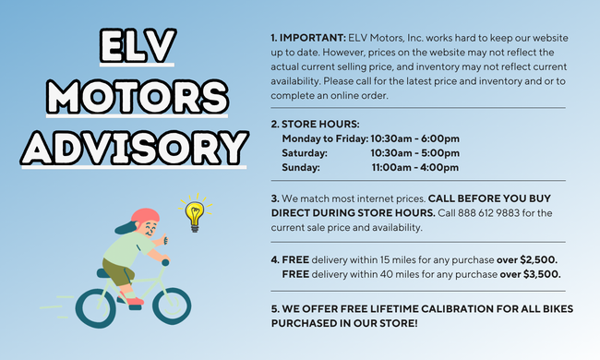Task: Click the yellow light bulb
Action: pyautogui.click(x=195, y=213)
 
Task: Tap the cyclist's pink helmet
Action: pyautogui.click(x=143, y=218)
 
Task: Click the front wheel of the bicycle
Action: pyautogui.click(x=172, y=306)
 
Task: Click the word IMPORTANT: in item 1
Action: pyautogui.click(x=312, y=37)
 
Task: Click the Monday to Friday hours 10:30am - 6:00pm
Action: pyautogui.click(x=414, y=138)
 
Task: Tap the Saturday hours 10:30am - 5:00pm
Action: pyautogui.click(x=414, y=152)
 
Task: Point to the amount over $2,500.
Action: pyautogui.click(x=528, y=259)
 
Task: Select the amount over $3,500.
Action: pyautogui.click(x=530, y=273)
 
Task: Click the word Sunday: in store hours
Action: pyautogui.click(x=301, y=167)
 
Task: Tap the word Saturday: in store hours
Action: pyautogui.click(x=305, y=152)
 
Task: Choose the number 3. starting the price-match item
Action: pyautogui.click(x=275, y=198)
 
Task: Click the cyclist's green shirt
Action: pyautogui.click(x=123, y=247)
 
